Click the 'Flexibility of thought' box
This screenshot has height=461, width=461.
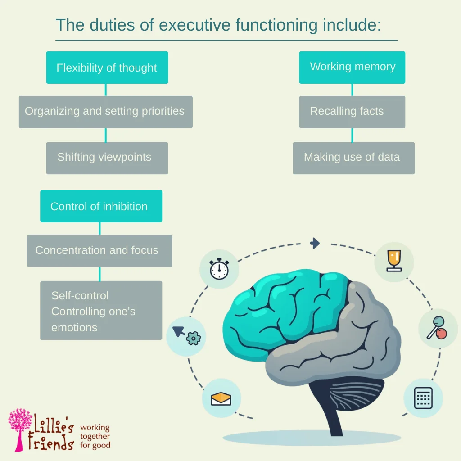(107, 68)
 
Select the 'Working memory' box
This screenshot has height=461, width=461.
(352, 68)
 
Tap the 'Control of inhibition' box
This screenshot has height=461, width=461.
(101, 206)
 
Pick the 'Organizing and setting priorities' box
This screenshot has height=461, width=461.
(105, 112)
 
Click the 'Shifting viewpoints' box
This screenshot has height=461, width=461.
(107, 158)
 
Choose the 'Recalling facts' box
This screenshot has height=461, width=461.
(352, 112)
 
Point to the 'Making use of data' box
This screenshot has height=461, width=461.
(353, 158)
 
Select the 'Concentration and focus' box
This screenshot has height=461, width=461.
(99, 250)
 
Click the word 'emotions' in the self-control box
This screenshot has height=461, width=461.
(74, 328)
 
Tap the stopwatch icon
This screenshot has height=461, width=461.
(219, 269)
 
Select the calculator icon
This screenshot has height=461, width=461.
(423, 398)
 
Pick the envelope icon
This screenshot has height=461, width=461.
(221, 398)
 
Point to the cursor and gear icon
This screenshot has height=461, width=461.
(186, 335)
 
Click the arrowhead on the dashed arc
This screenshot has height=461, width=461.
(315, 244)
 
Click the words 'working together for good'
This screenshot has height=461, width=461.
(95, 436)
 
